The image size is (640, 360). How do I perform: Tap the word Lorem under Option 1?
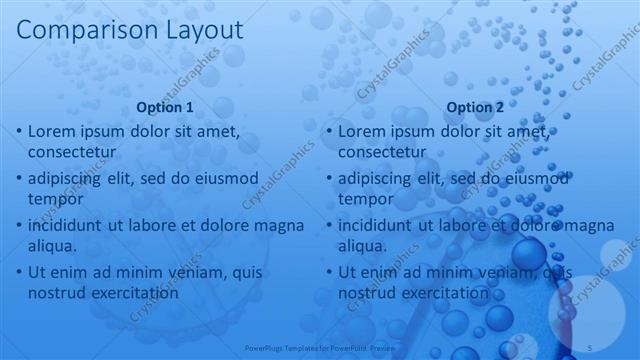coord(53,132)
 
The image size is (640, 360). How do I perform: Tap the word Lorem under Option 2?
coord(363,132)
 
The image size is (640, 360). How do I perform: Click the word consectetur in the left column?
coord(72,152)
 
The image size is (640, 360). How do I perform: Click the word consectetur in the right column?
coord(382,152)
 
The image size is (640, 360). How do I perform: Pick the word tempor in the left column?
coord(54,199)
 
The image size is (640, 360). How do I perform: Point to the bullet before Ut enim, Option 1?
coord(18,272)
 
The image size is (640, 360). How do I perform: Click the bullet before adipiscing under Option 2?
coord(328,179)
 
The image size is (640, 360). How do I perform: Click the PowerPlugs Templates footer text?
coord(310,348)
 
